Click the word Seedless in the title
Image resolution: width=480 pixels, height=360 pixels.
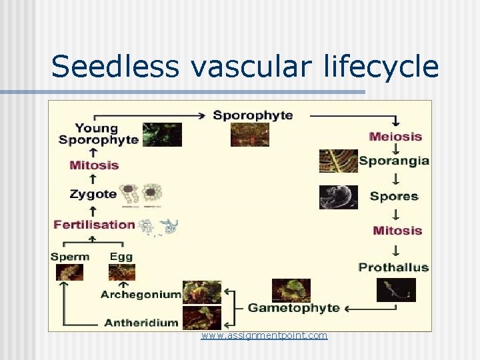[114, 67]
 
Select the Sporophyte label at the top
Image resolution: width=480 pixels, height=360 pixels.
[253, 115]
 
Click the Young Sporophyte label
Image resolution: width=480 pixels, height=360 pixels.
[98, 133]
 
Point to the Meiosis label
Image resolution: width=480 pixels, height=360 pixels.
[395, 137]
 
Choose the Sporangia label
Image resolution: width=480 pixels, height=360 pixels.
[394, 161]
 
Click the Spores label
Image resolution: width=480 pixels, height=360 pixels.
[394, 196]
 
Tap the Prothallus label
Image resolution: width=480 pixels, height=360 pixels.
[393, 267]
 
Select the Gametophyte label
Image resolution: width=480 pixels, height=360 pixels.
[293, 307]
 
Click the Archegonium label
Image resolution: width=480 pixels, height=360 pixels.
[141, 293]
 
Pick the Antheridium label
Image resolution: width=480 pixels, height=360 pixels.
[141, 322]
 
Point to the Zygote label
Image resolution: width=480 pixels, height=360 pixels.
[93, 195]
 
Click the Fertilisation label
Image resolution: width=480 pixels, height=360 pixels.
[95, 224]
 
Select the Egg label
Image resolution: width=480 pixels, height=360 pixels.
[121, 256]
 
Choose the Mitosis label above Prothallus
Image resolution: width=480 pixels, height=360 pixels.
[397, 231]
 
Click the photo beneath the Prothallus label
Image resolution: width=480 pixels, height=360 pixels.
[396, 290]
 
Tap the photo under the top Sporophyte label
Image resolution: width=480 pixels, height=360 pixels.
[250, 135]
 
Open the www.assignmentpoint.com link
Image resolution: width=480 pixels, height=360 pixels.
[265, 335]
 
